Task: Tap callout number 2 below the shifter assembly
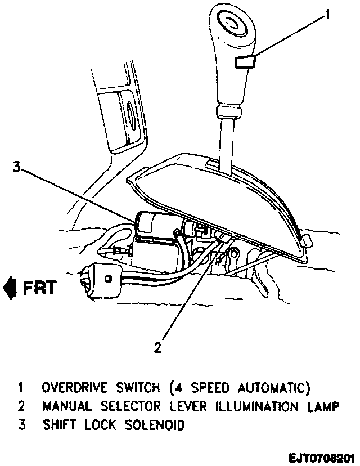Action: point(159,347)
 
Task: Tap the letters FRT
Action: point(40,288)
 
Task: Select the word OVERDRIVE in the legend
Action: point(71,388)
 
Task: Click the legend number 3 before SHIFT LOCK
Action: point(21,425)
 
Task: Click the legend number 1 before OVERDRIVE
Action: point(21,388)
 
